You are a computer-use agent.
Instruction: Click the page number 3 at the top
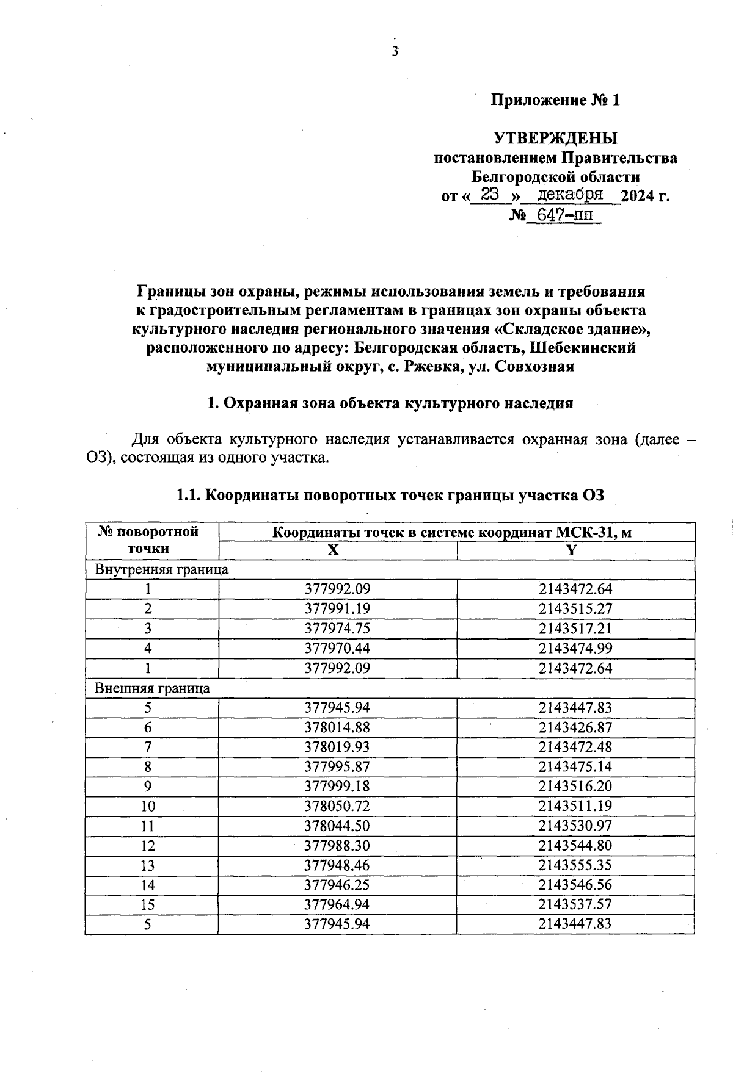pyautogui.click(x=395, y=51)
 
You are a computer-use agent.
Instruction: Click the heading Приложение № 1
pyautogui.click(x=555, y=100)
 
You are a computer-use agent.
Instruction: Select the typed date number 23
pyautogui.click(x=490, y=195)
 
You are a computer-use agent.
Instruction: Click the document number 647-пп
pyautogui.click(x=564, y=215)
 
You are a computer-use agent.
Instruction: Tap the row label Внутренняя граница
pyautogui.click(x=161, y=570)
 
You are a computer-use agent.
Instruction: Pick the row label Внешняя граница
pyautogui.click(x=152, y=688)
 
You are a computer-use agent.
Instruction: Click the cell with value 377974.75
pyautogui.click(x=337, y=629)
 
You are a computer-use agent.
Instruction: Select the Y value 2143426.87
pyautogui.click(x=575, y=727)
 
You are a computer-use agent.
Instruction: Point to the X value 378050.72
pyautogui.click(x=337, y=806)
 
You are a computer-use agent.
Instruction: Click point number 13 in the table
pyautogui.click(x=148, y=865)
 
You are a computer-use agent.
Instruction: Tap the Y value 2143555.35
pyautogui.click(x=575, y=865)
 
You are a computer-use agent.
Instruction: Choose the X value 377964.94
pyautogui.click(x=337, y=904)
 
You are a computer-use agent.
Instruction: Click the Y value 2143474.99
pyautogui.click(x=575, y=648)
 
